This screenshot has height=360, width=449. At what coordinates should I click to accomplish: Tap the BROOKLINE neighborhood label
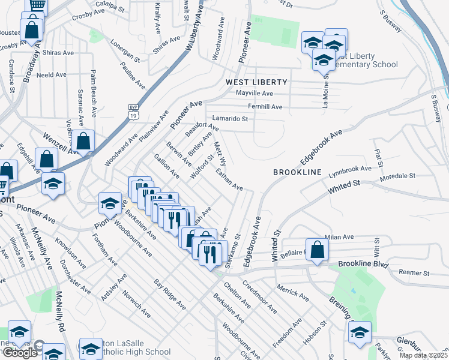tap(298, 172)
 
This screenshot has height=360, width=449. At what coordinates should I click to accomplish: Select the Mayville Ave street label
tap(254, 94)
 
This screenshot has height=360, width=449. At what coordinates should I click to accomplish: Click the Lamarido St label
tap(229, 119)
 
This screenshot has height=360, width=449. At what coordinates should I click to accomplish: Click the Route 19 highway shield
tap(133, 110)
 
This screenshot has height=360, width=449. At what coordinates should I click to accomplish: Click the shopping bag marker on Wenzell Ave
tap(84, 142)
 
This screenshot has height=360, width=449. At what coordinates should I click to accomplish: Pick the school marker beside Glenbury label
tap(360, 332)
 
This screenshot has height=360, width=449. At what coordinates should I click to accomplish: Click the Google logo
tap(19, 353)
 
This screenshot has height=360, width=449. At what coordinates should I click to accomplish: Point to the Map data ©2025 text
tap(423, 355)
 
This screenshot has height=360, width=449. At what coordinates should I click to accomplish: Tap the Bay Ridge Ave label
tap(166, 292)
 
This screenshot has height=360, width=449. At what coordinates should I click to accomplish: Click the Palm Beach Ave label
tap(94, 94)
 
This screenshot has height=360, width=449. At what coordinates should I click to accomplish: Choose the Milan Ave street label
tap(336, 238)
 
